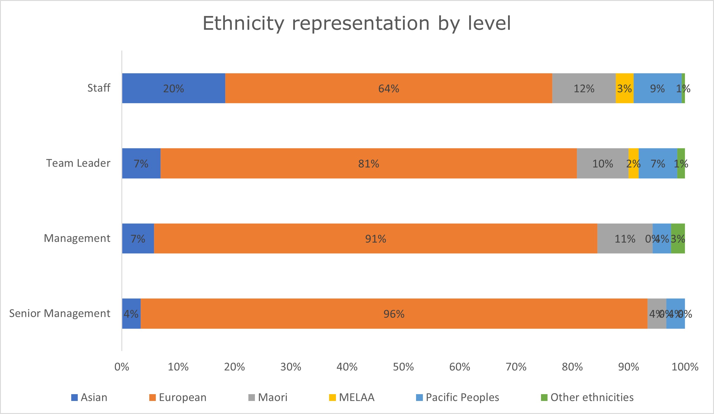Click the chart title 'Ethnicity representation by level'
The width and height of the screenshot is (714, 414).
coord(357,23)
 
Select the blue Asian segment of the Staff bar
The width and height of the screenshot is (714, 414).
coord(174,88)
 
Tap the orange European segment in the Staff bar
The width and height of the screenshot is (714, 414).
coord(388,88)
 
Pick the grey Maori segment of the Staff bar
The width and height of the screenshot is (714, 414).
coord(584,88)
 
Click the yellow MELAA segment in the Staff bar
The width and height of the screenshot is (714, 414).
coord(624,88)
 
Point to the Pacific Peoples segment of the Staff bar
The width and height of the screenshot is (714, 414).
coord(657,88)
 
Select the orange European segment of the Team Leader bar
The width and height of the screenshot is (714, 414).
coord(369,163)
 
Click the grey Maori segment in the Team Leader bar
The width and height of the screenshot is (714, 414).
coord(602,163)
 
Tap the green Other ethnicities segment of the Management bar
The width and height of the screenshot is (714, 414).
coord(678,239)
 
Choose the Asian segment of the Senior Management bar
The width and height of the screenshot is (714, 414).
coord(131,314)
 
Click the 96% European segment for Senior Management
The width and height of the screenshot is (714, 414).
coord(394,314)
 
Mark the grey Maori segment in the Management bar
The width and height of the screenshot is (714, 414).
coord(625,239)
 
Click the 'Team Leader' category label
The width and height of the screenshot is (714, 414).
coord(78,163)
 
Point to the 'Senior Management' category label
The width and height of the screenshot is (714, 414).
coord(60,313)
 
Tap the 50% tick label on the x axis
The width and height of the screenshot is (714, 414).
coord(403,367)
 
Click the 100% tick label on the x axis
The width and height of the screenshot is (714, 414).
coord(685,367)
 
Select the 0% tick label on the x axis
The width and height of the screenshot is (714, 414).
coord(122,367)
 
